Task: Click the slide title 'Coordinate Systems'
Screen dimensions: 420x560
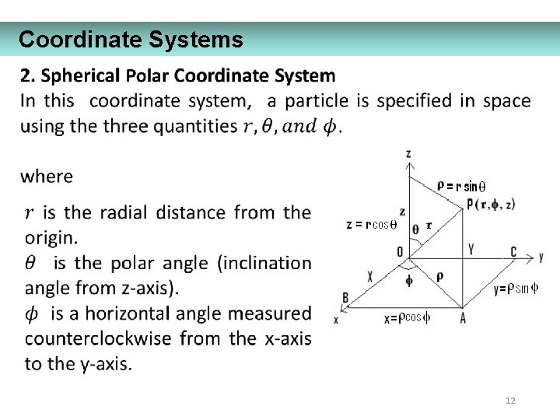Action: click(131, 39)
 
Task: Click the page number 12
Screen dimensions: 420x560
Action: click(510, 401)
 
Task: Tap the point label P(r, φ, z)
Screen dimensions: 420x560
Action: click(491, 205)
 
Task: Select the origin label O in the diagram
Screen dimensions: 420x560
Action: click(400, 251)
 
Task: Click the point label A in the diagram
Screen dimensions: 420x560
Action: click(463, 317)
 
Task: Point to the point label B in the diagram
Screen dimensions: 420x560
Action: click(345, 297)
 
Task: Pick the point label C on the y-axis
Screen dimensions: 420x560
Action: click(513, 251)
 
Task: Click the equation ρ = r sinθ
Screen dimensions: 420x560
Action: click(460, 186)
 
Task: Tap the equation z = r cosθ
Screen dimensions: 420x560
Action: click(371, 225)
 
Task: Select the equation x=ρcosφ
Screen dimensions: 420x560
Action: click(408, 318)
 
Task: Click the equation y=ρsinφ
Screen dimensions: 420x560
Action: click(516, 289)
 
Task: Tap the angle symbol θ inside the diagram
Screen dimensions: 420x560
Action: click(415, 229)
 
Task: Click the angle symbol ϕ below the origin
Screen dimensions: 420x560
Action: click(410, 278)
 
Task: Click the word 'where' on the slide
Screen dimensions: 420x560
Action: click(47, 177)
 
